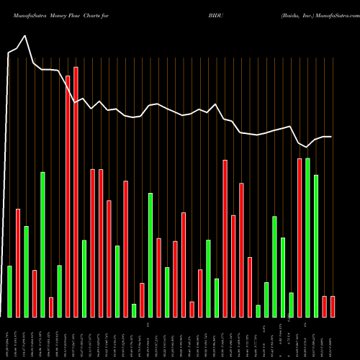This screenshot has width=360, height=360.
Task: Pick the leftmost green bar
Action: click(x=10, y=292)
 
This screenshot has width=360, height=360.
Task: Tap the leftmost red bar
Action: click(x=18, y=263)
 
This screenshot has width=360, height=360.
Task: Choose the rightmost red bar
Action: click(x=333, y=307)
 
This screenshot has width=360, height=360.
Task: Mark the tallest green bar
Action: click(x=307, y=238)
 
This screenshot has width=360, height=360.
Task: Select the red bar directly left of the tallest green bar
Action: click(x=300, y=238)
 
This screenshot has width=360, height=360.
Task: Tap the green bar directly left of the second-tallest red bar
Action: click(x=59, y=291)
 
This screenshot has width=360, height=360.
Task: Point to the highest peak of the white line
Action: click(x=26, y=36)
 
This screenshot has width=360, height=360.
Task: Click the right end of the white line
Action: click(x=331, y=137)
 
